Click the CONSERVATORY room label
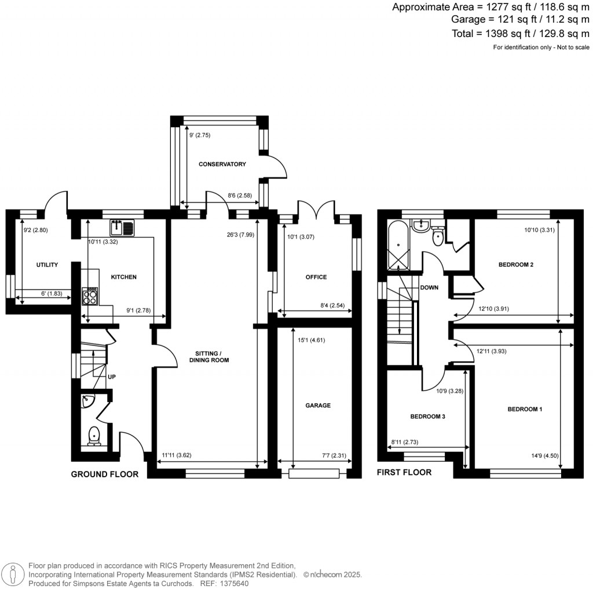coord(222,164)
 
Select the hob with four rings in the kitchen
coord(91,297)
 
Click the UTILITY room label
coord(47,265)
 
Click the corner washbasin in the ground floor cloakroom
coord(86,400)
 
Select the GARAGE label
coord(318,406)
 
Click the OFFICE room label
coord(316,277)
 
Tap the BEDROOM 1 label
coord(525,410)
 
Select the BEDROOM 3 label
coord(427,417)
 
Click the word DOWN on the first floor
coord(429,288)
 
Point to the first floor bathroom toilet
coord(437,235)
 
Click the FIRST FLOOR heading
coord(404,472)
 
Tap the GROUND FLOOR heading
coord(105,474)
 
